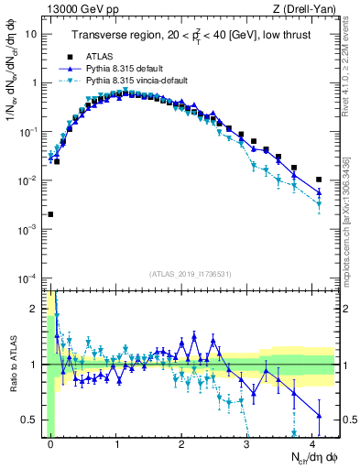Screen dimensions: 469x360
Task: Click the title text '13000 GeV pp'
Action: [78, 9]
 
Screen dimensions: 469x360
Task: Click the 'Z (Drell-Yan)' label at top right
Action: [304, 9]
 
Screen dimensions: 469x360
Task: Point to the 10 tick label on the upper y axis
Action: [31, 34]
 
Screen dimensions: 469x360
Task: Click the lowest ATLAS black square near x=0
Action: [50, 214]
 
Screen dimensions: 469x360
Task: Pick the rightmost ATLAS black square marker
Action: [319, 180]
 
